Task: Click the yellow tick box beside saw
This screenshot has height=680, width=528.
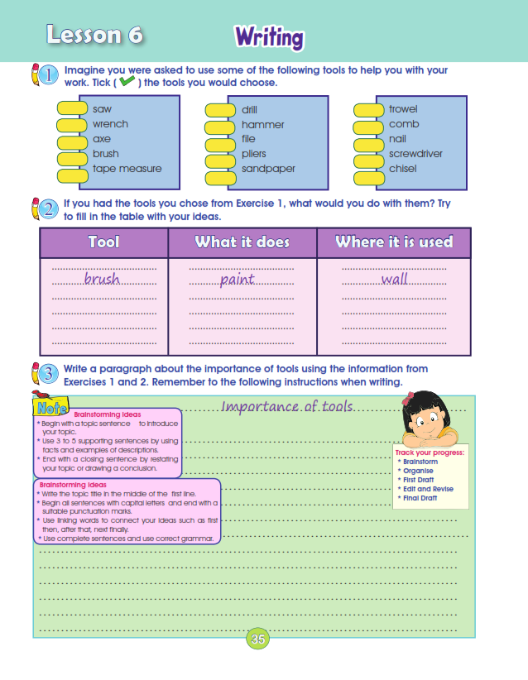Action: [x=72, y=109]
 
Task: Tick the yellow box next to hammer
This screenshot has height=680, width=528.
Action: [x=220, y=124]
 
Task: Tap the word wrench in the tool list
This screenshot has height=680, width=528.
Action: [x=110, y=124]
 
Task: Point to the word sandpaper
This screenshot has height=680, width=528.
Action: [x=268, y=169]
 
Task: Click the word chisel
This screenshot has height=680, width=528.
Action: [x=403, y=169]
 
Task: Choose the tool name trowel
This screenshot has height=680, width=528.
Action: [x=403, y=109]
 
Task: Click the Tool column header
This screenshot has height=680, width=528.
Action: [x=103, y=242]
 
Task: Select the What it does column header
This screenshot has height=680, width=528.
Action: [x=242, y=242]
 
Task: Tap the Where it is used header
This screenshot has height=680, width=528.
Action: [x=394, y=242]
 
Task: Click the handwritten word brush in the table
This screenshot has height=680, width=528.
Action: [x=102, y=280]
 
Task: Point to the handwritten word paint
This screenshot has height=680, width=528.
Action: [x=237, y=280]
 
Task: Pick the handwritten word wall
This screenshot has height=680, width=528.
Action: [x=395, y=280]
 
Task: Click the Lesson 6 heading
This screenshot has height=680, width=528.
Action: [x=94, y=36]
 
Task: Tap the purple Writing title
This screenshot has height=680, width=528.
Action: [x=269, y=37]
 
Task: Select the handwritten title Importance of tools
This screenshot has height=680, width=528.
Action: [x=287, y=407]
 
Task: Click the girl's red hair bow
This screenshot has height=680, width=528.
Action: [x=407, y=399]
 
